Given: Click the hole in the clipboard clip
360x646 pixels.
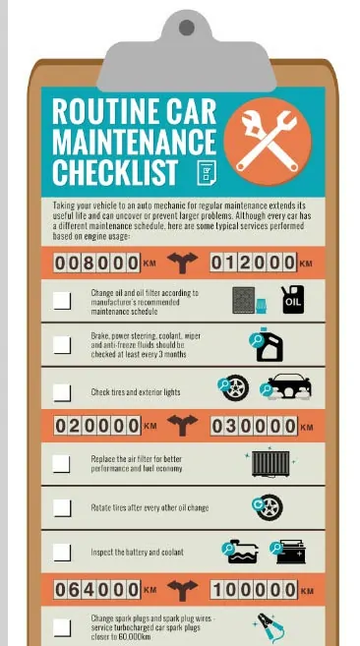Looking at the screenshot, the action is (x=186, y=28).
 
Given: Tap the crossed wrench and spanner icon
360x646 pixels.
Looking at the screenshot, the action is (x=268, y=141).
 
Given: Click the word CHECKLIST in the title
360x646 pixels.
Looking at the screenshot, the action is (x=115, y=171).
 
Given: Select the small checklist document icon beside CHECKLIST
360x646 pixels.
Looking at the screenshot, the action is (x=207, y=172).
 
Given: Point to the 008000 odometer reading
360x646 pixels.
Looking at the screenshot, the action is (x=97, y=264).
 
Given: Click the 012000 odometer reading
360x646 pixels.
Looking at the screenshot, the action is (x=253, y=263).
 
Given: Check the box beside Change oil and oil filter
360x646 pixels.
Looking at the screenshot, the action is (x=62, y=301).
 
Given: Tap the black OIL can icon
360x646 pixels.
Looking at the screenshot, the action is (x=293, y=300).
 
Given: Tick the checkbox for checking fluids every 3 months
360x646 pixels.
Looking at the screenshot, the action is (x=62, y=345).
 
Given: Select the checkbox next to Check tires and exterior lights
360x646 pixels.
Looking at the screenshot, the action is (x=62, y=392).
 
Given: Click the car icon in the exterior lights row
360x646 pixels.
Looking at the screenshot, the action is (x=289, y=386).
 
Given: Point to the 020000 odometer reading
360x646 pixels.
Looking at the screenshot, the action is (x=97, y=426).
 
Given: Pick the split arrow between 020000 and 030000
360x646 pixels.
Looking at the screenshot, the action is (x=182, y=425).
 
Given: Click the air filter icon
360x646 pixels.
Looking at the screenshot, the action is (x=270, y=464).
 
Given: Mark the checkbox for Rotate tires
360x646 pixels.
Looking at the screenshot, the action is (x=62, y=507).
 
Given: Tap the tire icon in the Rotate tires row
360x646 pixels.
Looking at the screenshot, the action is (x=269, y=507).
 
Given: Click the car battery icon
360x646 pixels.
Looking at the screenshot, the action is (x=291, y=552).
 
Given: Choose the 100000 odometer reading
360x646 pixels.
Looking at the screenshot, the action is (x=254, y=590).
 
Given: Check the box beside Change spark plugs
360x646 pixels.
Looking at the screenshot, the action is (x=62, y=628).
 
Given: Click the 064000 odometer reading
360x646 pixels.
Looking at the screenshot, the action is (x=97, y=590).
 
